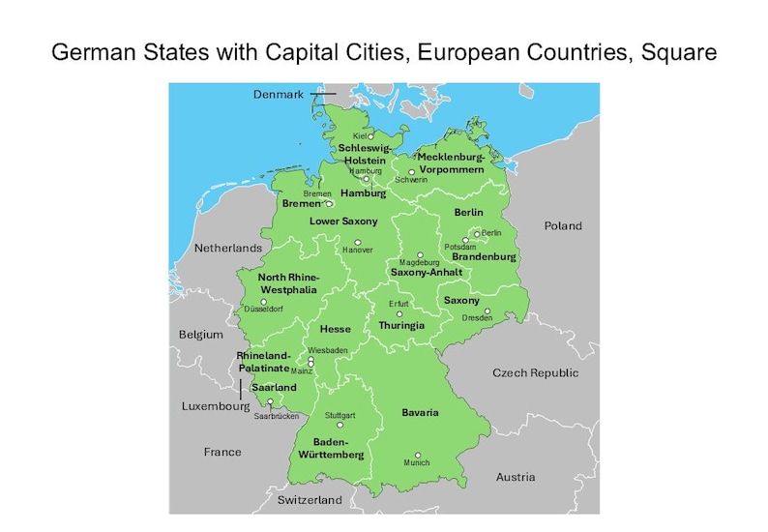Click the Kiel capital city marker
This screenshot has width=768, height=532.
pyautogui.click(x=369, y=136)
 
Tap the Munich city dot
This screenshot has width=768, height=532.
pyautogui.click(x=418, y=455)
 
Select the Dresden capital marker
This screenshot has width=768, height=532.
pyautogui.click(x=487, y=311)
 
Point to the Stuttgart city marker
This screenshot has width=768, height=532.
pyautogui.click(x=340, y=424)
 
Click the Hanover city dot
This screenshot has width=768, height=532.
pyautogui.click(x=357, y=242)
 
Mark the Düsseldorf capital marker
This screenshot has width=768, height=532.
pyautogui.click(x=263, y=301)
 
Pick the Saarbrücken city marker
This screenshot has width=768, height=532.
pyautogui.click(x=270, y=402)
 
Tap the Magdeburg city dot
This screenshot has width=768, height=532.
pyautogui.click(x=420, y=255)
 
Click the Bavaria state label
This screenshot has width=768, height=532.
pyautogui.click(x=420, y=413)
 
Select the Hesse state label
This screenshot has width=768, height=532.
pyautogui.click(x=336, y=330)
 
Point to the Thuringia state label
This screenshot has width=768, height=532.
pyautogui.click(x=401, y=326)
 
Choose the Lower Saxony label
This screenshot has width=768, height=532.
pyautogui.click(x=343, y=222)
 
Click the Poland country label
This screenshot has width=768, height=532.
pyautogui.click(x=562, y=226)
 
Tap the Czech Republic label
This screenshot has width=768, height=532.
pyautogui.click(x=535, y=373)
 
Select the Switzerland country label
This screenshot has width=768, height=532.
pyautogui.click(x=310, y=500)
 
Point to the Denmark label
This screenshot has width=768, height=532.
pyautogui.click(x=279, y=94)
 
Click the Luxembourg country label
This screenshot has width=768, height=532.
pyautogui.click(x=216, y=406)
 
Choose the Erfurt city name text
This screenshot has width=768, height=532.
pyautogui.click(x=399, y=304)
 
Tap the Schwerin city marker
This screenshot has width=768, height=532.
pyautogui.click(x=411, y=171)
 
